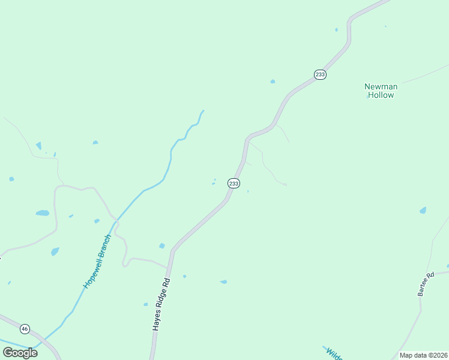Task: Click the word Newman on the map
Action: [381, 86]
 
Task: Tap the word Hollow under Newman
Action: [381, 95]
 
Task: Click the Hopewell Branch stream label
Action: [97, 262]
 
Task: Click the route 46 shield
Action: [25, 329]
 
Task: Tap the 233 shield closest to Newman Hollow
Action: [320, 74]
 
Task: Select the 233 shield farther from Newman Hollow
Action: [234, 183]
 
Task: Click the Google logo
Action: [20, 352]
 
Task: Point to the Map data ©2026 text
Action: [423, 355]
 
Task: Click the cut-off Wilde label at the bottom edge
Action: [334, 353]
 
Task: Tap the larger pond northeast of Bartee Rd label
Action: [423, 211]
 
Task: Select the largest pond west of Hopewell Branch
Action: [42, 213]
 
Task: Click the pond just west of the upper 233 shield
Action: [273, 81]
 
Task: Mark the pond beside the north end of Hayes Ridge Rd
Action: [161, 246]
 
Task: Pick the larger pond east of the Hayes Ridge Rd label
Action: [223, 281]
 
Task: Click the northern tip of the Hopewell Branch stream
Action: [203, 111]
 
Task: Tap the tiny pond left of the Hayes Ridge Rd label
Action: [145, 304]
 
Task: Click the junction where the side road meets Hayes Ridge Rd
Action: [169, 266]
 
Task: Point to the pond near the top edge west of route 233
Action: [336, 29]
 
